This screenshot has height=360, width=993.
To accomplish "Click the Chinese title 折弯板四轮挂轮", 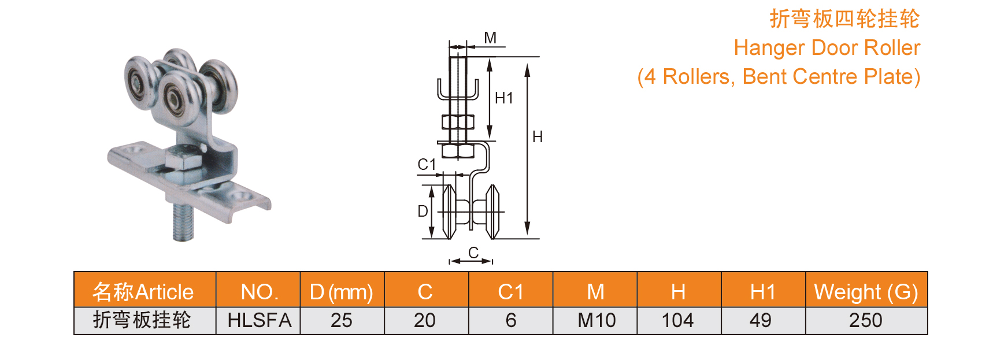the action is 844,19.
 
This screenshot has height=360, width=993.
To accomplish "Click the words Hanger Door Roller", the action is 827,48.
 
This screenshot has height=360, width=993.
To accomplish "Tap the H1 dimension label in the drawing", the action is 504,98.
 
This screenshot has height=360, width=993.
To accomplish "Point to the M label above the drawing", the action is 490,38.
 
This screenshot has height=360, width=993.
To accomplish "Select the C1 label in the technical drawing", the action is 427,165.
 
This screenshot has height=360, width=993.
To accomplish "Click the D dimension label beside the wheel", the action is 423,211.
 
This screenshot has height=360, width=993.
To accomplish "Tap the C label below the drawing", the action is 473,253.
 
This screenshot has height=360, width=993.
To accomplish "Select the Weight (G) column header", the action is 866,292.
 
